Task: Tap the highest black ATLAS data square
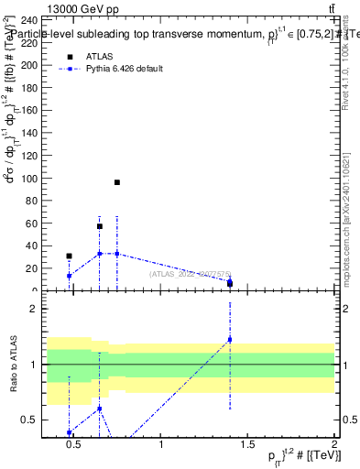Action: pos(117,182)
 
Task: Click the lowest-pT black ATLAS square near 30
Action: pos(69,256)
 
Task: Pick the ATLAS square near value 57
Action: pos(100,226)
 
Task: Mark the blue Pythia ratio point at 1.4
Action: pos(229,340)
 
